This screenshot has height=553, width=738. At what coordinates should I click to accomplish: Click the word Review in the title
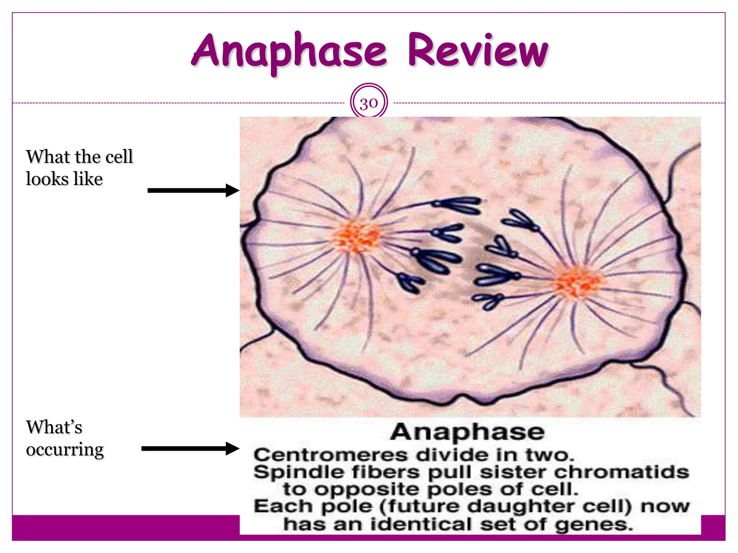pos(478,51)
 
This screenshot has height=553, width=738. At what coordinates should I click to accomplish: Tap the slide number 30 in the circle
pos(369,103)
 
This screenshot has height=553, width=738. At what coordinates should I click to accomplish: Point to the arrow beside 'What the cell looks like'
pos(194,190)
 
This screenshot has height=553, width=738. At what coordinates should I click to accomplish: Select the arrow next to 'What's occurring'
pos(190,449)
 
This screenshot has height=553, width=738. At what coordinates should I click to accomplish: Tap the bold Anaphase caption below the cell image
pos(467,432)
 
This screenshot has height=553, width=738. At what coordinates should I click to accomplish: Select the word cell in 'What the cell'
pos(119,157)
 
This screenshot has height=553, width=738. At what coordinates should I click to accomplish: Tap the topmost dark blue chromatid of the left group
pos(459,205)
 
